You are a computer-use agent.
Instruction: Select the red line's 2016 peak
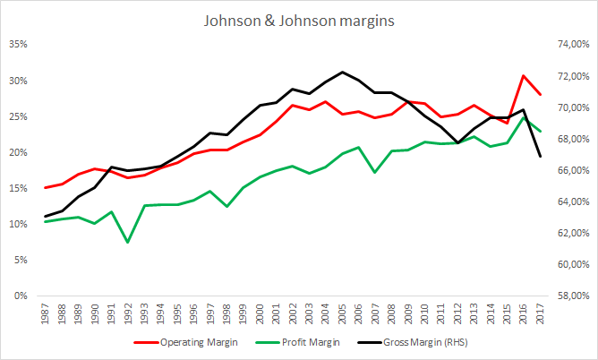[x=524, y=75]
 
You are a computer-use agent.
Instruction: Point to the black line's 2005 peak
[x=343, y=72]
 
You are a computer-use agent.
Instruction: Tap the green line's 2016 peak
[x=524, y=117]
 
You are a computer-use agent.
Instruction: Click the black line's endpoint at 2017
[x=540, y=157]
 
